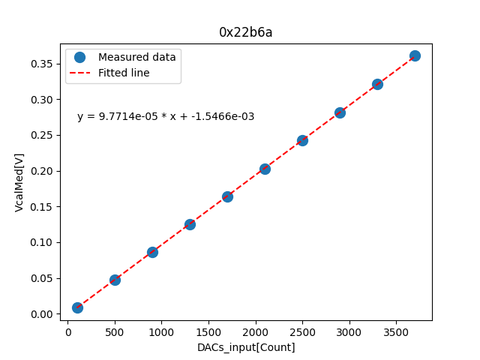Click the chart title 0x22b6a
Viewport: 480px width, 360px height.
246,32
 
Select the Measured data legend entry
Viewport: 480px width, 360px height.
136,57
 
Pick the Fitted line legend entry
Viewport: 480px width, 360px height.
124,73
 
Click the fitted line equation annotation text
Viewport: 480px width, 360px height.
166,116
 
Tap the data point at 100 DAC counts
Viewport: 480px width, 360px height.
77,307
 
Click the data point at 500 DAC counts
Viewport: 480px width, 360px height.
115,280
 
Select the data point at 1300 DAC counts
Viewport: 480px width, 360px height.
190,224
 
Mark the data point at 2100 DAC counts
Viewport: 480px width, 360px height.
265,169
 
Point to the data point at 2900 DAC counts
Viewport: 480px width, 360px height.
340,112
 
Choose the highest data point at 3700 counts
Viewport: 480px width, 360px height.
415,55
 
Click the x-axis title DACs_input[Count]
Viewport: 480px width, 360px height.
246,347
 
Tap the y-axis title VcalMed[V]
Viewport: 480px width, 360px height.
19,182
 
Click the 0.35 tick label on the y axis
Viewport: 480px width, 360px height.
42,64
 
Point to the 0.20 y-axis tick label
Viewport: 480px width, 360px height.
42,171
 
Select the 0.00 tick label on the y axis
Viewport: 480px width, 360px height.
42,314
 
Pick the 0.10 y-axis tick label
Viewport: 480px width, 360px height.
42,242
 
